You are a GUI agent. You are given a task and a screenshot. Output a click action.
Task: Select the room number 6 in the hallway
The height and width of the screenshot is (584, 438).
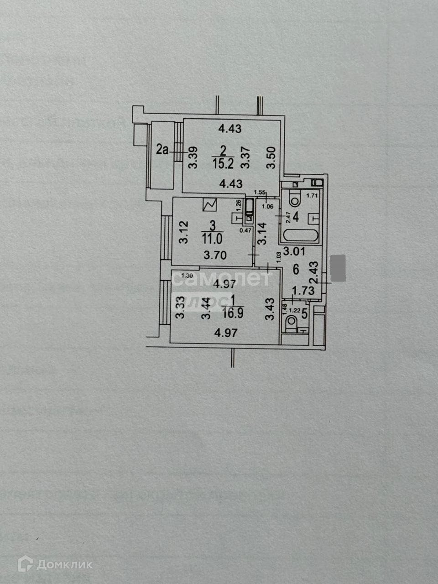pos(296,270)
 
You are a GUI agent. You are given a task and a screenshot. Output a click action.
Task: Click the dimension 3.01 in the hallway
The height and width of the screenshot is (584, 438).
pos(293,250)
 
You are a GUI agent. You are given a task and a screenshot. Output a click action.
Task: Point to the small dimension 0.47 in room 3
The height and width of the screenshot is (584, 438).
pos(246,230)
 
